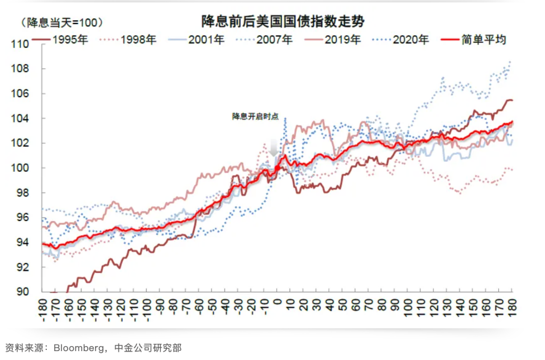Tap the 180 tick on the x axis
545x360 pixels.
[511, 309]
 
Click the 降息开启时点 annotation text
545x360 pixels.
[255, 117]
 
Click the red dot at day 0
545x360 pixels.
[278, 167]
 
